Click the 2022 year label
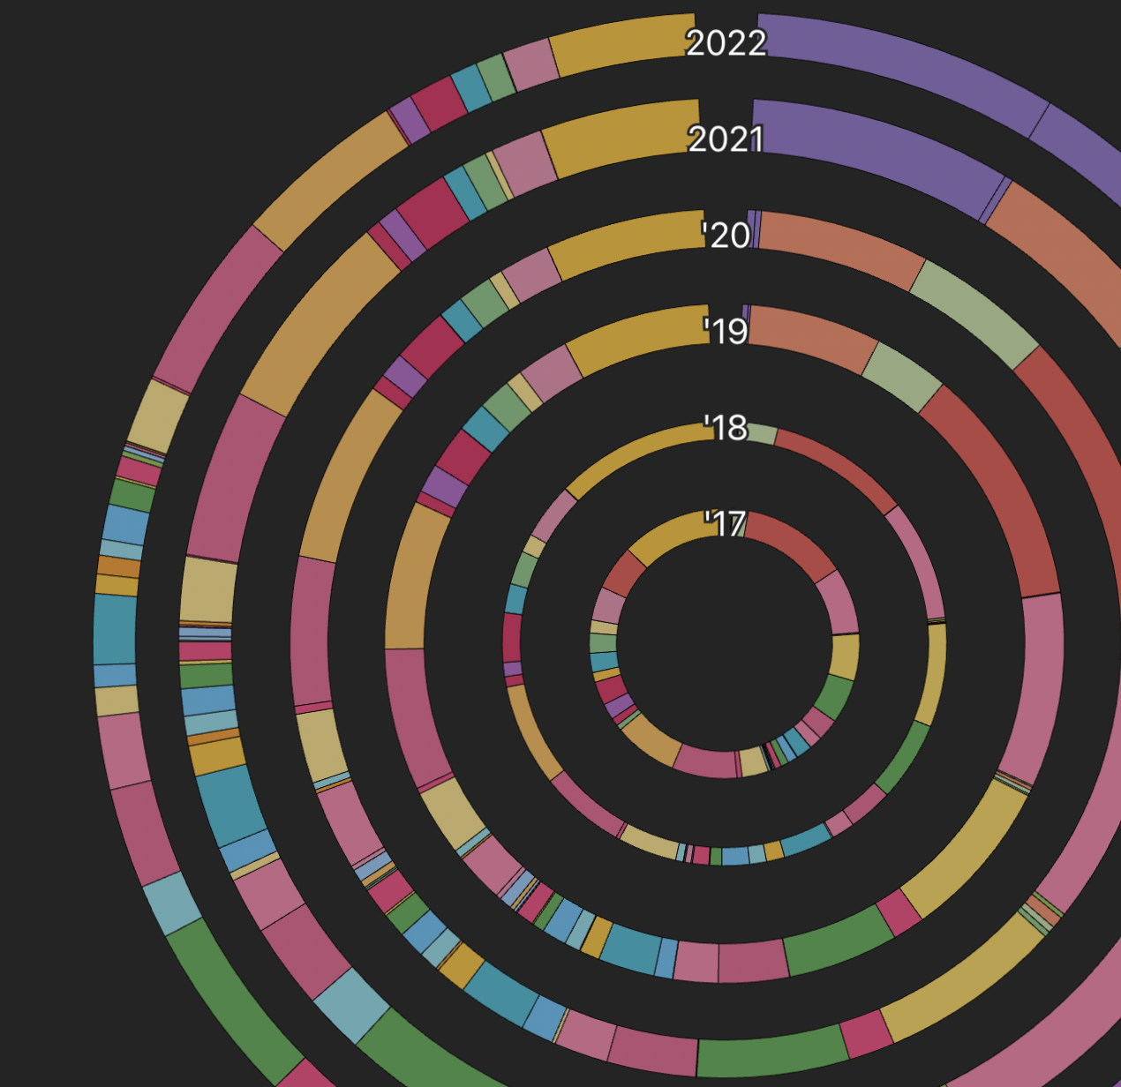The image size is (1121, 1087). [726, 43]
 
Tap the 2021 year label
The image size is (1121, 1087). [725, 139]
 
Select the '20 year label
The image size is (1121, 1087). [726, 236]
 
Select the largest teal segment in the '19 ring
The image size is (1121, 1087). [630, 948]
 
